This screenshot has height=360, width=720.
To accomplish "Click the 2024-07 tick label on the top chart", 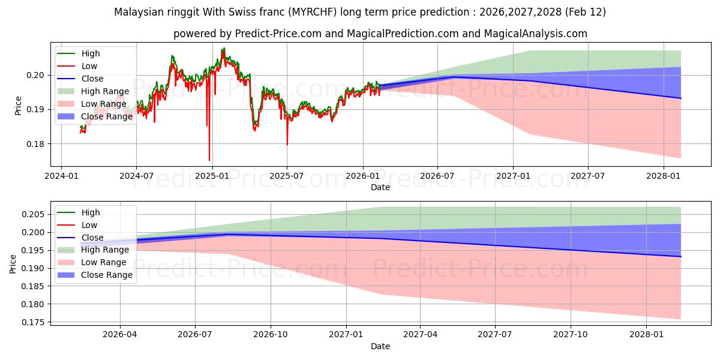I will (136, 176).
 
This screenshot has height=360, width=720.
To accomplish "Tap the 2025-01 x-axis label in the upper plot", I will (212, 176).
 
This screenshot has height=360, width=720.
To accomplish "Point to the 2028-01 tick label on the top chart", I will (664, 176).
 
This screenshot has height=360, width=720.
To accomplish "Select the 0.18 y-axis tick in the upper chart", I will (35, 144).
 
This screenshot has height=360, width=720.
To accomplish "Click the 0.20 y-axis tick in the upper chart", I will (35, 75).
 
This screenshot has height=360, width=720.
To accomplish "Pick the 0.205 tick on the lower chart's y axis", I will (33, 214).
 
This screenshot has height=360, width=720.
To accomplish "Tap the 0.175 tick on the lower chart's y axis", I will (33, 322).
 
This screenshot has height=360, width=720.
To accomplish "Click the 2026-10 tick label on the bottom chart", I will (271, 335).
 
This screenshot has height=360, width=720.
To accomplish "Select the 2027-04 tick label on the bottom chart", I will (420, 335).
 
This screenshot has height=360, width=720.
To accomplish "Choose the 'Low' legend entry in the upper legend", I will (89, 66).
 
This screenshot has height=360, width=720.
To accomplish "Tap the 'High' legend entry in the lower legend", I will (91, 212).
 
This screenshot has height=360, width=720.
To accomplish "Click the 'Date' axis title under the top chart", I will (380, 187).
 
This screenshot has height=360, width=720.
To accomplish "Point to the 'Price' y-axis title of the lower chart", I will (13, 263).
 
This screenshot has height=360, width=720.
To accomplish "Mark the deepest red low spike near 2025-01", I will (209, 160).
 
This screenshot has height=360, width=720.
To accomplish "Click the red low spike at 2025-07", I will (287, 144).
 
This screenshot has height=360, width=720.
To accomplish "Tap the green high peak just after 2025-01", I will (223, 49).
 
